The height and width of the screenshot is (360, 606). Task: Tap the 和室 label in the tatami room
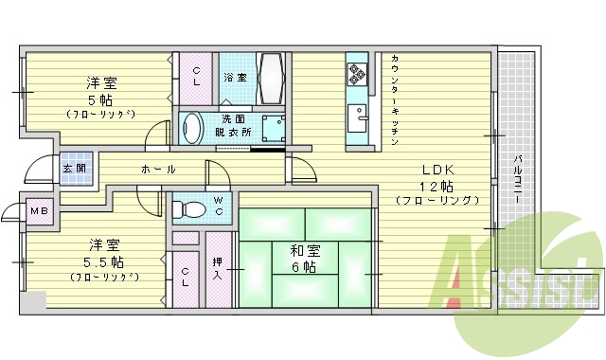coord(306,251)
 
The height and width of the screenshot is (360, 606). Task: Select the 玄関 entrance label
coord(73,168)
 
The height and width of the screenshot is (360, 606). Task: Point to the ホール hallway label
coord(158,169)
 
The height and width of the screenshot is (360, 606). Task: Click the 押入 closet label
coord(218,268)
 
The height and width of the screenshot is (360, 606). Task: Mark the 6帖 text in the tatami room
coord(306,267)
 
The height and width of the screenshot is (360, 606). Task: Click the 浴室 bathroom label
coord(234,76)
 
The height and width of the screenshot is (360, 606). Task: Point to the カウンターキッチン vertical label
coord(394,100)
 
